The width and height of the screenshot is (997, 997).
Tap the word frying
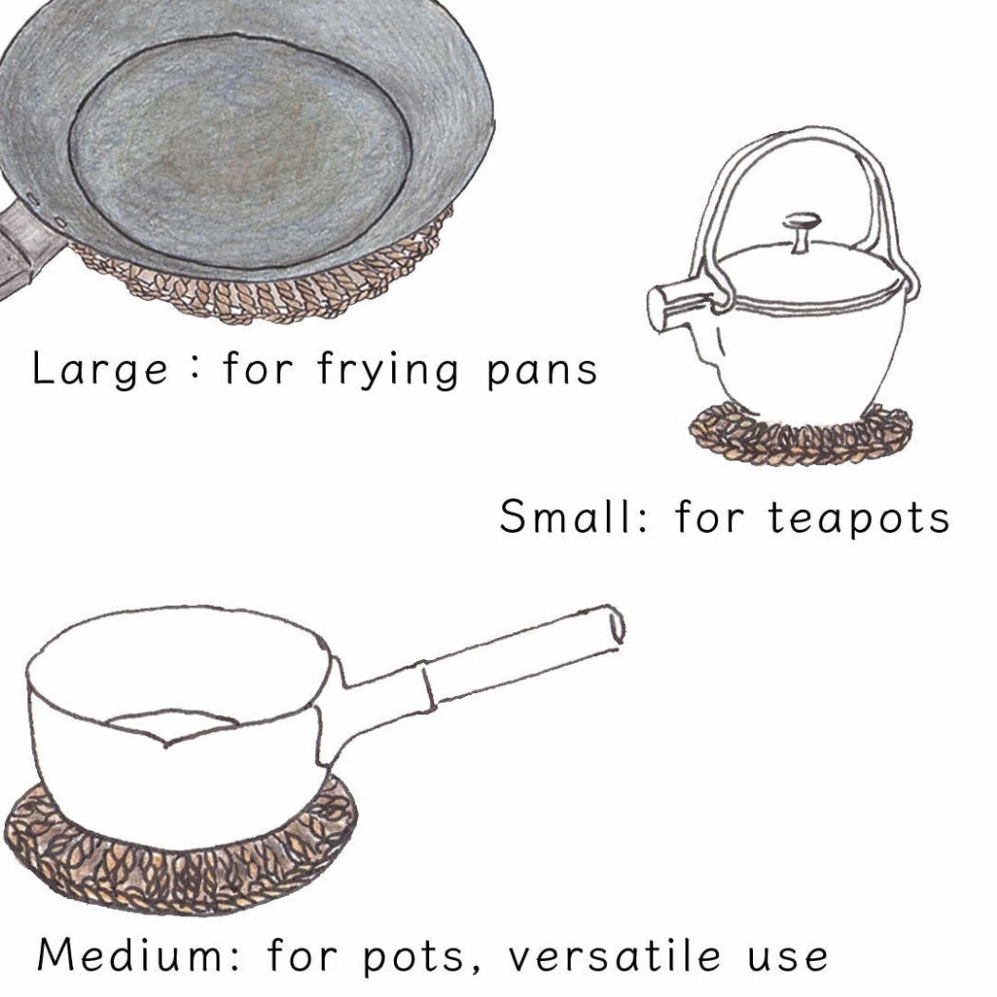(387, 370)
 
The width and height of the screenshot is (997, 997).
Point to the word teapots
(859, 518)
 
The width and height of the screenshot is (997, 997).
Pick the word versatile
(614, 955)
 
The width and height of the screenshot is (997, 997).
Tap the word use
(788, 959)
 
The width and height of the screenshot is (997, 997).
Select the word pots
(413, 959)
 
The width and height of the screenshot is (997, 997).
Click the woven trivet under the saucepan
(181, 852)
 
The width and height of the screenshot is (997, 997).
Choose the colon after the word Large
(196, 369)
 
